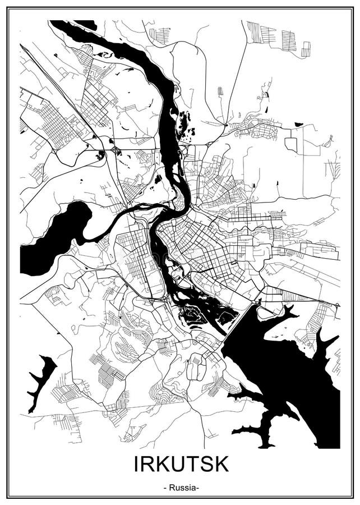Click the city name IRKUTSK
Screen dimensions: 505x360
181,465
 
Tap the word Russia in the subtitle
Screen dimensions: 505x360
181,488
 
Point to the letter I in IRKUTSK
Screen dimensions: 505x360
136,465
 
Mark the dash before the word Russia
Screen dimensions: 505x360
165,488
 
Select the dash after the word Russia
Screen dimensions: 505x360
196,488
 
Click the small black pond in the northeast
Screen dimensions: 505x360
298,124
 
